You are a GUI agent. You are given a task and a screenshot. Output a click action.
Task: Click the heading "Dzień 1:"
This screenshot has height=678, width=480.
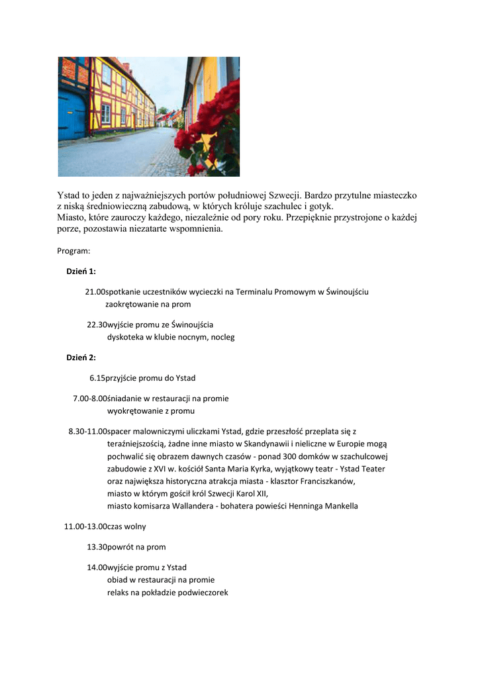pyautogui.click(x=81, y=271)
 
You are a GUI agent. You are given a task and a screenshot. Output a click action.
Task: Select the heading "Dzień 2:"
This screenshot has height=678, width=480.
pyautogui.click(x=81, y=358)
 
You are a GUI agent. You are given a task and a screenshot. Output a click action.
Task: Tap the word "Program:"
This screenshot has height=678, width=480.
pyautogui.click(x=73, y=251)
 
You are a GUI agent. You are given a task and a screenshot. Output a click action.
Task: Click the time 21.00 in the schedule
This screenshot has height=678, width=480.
pyautogui.click(x=95, y=291)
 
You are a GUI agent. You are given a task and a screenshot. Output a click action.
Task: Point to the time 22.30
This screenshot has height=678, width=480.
pyautogui.click(x=97, y=324)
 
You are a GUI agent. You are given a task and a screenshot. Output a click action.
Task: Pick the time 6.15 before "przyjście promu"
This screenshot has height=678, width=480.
pyautogui.click(x=97, y=378)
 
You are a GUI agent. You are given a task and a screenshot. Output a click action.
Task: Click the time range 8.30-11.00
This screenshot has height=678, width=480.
pyautogui.click(x=87, y=431)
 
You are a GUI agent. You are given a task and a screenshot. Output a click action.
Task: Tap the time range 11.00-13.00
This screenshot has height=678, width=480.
pyautogui.click(x=85, y=526)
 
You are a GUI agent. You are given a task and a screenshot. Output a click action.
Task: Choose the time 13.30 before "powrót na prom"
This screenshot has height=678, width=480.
pyautogui.click(x=97, y=547)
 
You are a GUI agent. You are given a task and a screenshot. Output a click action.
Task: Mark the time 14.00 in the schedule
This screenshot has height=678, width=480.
pyautogui.click(x=97, y=567)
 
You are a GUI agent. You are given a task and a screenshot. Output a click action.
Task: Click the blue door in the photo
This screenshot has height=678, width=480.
pyautogui.click(x=71, y=115)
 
